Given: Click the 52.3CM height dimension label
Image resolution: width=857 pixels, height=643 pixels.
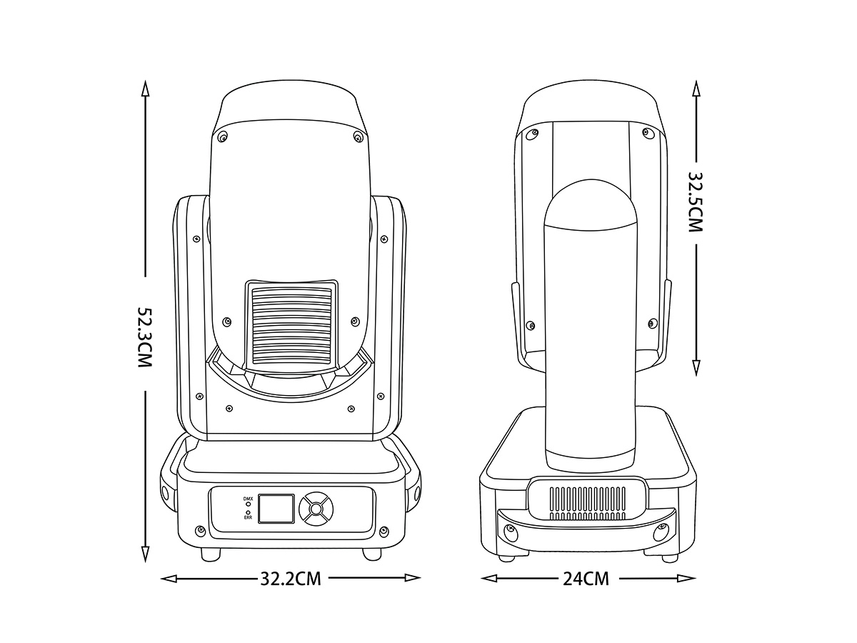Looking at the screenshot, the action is pyautogui.click(x=145, y=337).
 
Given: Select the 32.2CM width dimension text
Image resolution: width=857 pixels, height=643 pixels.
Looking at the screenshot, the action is pyautogui.click(x=291, y=579).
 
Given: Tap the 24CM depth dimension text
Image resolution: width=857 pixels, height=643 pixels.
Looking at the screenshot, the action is pyautogui.click(x=586, y=579).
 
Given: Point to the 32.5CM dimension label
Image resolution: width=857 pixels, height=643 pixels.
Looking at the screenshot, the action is pyautogui.click(x=696, y=202).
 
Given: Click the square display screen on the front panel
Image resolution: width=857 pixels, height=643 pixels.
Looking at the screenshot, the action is pyautogui.click(x=277, y=508).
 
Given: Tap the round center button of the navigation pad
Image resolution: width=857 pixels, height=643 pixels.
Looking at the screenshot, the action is pyautogui.click(x=316, y=509).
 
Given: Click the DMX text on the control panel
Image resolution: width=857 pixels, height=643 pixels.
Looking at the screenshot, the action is pyautogui.click(x=248, y=499).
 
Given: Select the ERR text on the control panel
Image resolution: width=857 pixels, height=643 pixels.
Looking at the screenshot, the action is pyautogui.click(x=248, y=518).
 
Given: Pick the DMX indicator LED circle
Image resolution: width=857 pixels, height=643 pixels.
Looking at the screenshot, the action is pyautogui.click(x=248, y=504).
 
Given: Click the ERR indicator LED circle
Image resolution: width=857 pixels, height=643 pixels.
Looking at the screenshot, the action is pyautogui.click(x=248, y=512).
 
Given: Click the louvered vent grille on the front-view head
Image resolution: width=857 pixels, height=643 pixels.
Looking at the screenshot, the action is pyautogui.click(x=291, y=326).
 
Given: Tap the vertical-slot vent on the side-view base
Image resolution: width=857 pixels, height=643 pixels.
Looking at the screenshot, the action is pyautogui.click(x=588, y=503).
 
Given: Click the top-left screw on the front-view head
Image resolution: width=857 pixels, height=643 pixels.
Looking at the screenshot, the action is pyautogui.click(x=223, y=136).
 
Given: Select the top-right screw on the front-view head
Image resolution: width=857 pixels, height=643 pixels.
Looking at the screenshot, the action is pyautogui.click(x=357, y=136).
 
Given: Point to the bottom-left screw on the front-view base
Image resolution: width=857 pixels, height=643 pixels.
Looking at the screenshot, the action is pyautogui.click(x=200, y=531).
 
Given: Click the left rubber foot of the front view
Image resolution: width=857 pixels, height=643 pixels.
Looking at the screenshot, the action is pyautogui.click(x=211, y=554).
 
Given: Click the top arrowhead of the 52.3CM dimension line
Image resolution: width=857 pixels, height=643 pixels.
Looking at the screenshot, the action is pyautogui.click(x=145, y=89).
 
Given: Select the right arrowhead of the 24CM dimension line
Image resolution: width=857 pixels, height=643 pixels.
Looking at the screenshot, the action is pyautogui.click(x=688, y=578).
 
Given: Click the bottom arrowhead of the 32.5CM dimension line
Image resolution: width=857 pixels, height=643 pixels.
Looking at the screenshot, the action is pyautogui.click(x=696, y=367).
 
